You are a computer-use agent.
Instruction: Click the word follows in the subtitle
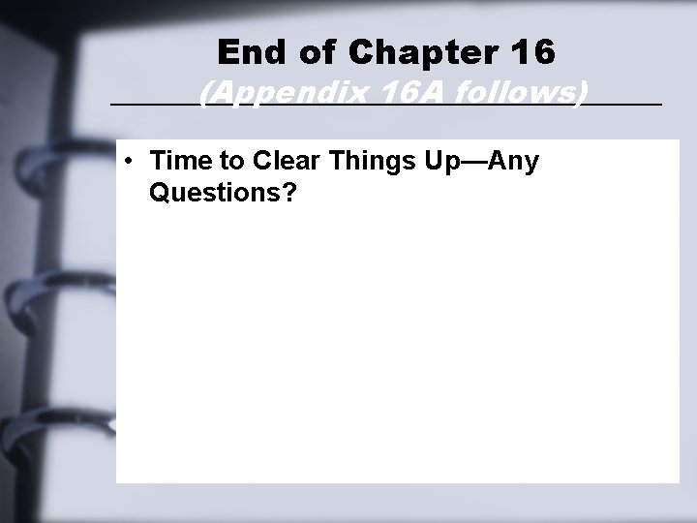(x=510, y=93)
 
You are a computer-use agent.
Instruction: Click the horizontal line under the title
(x=145, y=103)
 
